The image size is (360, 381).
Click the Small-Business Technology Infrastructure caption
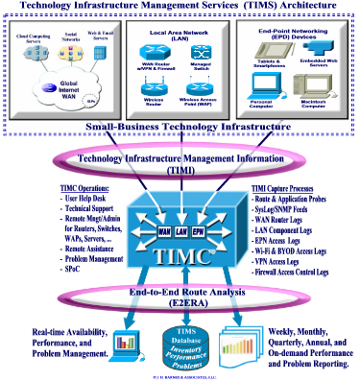(x=180, y=126)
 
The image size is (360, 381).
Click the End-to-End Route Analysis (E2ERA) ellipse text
(x=180, y=296)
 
